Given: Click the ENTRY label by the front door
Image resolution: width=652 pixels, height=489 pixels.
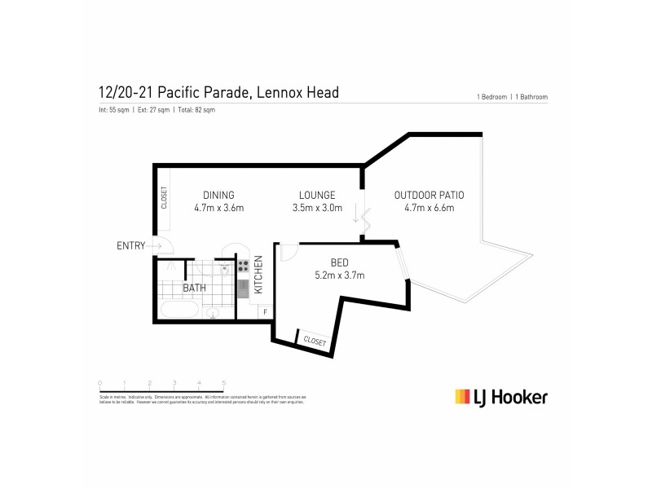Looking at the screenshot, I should click(x=130, y=245).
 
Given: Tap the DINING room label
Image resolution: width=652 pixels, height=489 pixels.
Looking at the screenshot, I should click(x=218, y=195).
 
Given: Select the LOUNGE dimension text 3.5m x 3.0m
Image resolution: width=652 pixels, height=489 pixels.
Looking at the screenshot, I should click(x=317, y=208).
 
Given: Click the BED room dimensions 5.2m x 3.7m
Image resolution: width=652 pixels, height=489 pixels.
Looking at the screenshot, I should click(x=341, y=275).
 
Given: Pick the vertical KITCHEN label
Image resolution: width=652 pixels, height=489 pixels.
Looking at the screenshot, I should click(x=259, y=275).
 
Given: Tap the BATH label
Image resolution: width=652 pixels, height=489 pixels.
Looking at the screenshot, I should click(x=194, y=289).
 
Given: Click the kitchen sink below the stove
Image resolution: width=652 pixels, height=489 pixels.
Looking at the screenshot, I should click(x=243, y=286).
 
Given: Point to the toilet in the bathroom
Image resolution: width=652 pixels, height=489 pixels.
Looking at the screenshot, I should click(x=214, y=313).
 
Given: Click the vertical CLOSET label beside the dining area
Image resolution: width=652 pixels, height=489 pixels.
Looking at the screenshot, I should click(x=164, y=197).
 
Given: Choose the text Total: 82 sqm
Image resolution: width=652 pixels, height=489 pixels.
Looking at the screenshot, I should click(x=196, y=110).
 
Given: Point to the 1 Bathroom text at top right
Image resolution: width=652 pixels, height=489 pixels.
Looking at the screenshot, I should click(x=530, y=97).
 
